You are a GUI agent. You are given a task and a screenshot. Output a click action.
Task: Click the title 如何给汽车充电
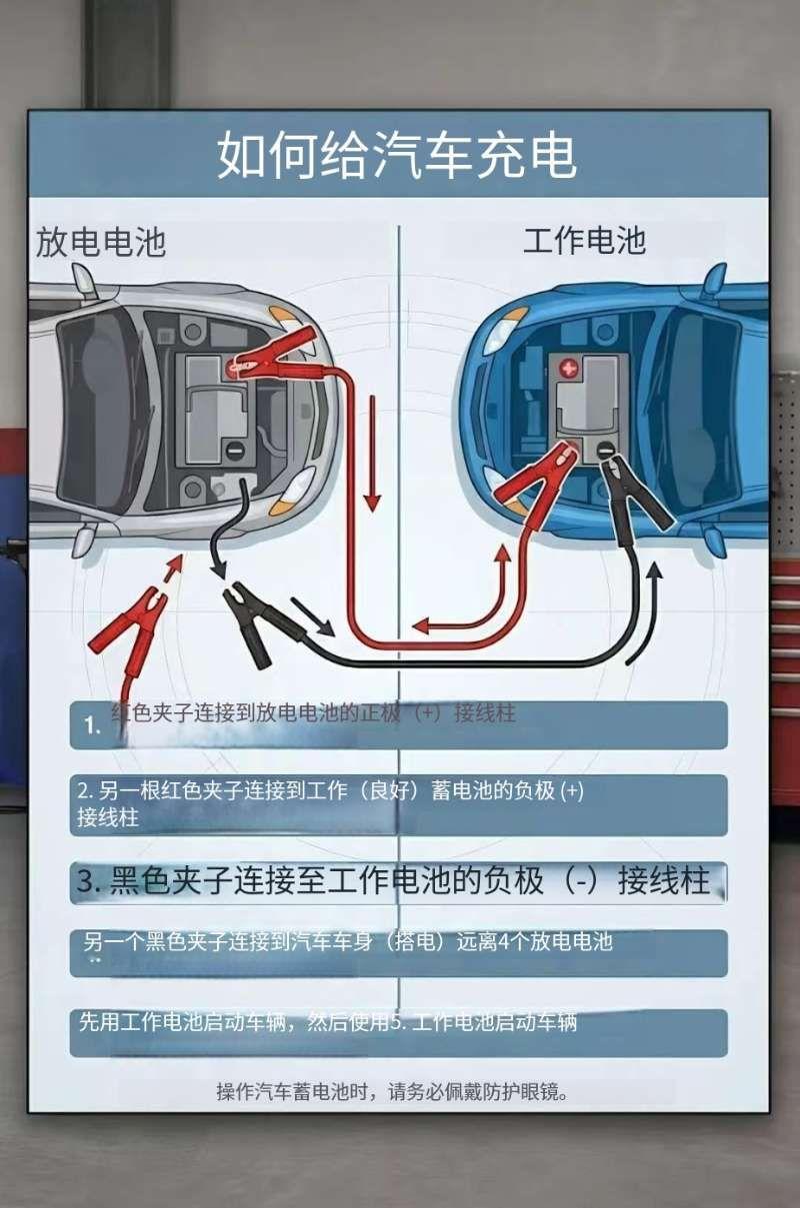click(x=397, y=156)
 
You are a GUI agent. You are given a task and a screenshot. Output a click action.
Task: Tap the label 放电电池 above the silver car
click(x=101, y=243)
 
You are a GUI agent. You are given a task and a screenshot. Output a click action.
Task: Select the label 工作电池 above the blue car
click(x=584, y=241)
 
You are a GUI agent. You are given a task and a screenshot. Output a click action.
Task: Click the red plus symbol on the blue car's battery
click(x=569, y=369)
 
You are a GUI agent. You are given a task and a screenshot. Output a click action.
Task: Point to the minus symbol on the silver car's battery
click(x=233, y=452)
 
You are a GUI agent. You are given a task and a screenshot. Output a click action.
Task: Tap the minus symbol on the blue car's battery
click(x=603, y=451)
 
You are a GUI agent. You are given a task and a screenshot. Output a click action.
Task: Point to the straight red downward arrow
click(x=372, y=450)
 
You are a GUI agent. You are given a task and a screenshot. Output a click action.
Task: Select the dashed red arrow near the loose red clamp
click(x=170, y=575)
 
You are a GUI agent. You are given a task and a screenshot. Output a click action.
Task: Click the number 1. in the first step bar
click(x=93, y=726)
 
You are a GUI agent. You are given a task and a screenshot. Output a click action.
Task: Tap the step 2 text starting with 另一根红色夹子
click(x=330, y=802)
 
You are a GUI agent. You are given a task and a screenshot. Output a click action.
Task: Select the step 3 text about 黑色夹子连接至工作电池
click(x=393, y=881)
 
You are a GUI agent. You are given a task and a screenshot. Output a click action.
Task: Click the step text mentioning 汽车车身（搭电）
click(x=347, y=941)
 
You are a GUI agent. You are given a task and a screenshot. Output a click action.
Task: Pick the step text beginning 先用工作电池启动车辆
click(x=328, y=1022)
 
